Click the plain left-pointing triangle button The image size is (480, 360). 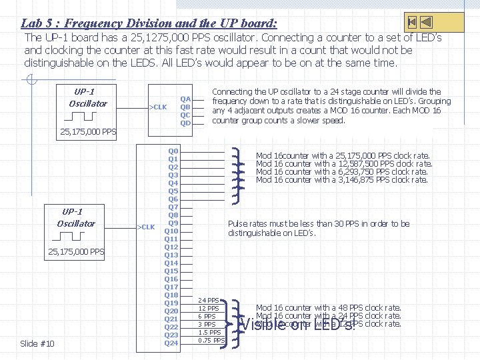pos(427,22)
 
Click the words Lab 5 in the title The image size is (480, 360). pos(36,23)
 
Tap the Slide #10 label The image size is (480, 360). pos(37,343)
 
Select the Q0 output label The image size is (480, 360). pos(173,151)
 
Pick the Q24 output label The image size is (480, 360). pos(171,343)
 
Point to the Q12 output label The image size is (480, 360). pos(171,247)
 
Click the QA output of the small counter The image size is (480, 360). pos(185,99)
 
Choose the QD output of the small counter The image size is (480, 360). pos(185,123)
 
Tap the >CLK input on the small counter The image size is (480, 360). pos(157,107)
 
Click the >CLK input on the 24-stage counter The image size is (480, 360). pos(145,227)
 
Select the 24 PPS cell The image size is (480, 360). pos(209,301)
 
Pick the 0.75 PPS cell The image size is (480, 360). pos(211,341)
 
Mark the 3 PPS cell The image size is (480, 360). pos(209,325)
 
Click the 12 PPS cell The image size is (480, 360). pos(209,309)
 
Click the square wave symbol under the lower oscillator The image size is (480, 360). pos(75,238)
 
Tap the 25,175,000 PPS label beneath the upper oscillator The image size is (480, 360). pos(88,131)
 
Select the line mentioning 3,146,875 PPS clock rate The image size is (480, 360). pos(342,180)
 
